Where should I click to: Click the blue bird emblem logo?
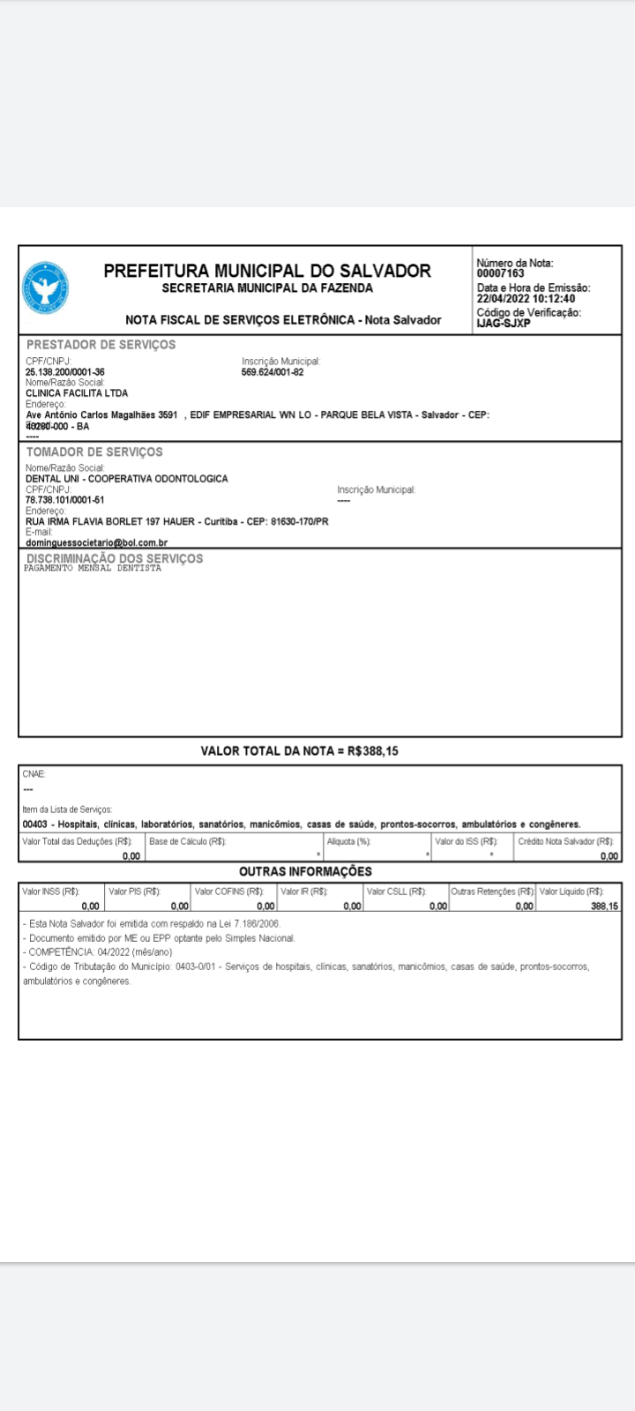45,287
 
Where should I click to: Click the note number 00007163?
500,273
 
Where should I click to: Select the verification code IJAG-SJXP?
504,323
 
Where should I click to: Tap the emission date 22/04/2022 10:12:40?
526,298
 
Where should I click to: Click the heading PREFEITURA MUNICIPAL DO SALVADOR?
267,271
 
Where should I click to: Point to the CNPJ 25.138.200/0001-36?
65,372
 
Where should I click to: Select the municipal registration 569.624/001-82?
273,372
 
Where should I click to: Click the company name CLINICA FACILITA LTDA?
77,393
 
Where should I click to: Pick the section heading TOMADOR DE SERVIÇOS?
94,452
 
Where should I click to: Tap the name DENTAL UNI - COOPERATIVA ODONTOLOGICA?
127,479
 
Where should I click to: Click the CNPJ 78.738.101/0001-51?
65,500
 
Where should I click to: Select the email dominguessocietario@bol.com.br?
97,542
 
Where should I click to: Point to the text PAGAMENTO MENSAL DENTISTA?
93,569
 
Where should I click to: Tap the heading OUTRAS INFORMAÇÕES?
305,871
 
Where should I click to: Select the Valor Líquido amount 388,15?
604,906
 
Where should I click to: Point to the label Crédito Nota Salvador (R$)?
566,841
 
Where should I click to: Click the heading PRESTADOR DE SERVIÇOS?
101,345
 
